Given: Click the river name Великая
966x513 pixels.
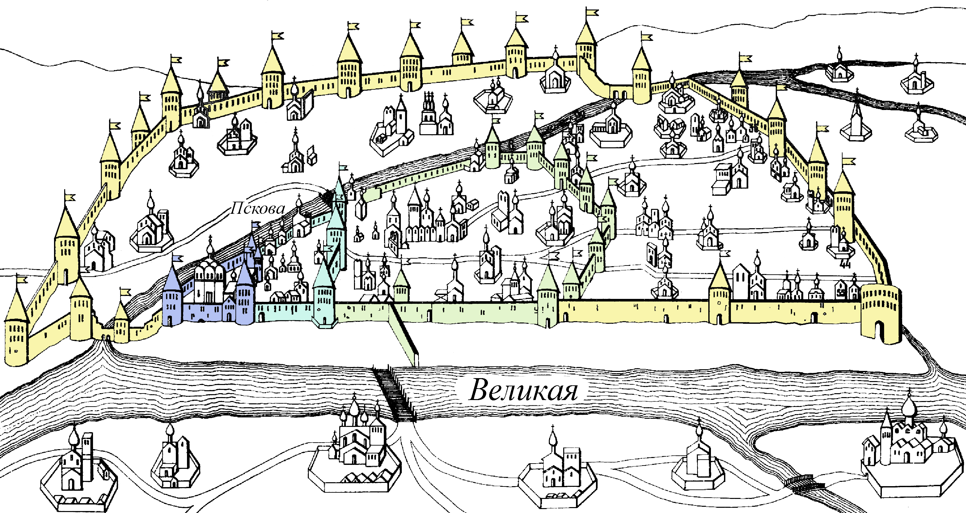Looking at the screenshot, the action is [x=524, y=390].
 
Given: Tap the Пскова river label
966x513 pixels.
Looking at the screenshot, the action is [x=258, y=208].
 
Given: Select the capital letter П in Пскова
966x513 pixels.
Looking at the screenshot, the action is [x=237, y=208].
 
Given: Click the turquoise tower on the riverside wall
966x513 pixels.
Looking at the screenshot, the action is [x=324, y=296].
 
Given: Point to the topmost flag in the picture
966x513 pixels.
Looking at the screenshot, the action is [x=592, y=12].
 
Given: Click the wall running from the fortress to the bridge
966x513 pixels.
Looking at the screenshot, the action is [x=404, y=334].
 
